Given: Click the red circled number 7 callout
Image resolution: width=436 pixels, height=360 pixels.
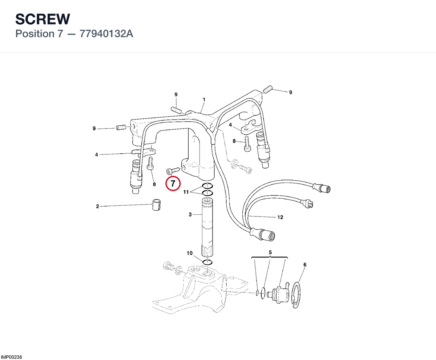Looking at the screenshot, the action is point(173,183).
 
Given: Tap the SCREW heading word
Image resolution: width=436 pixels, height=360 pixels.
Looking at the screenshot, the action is point(43,19).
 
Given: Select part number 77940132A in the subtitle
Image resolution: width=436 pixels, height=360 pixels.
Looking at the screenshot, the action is point(106,34).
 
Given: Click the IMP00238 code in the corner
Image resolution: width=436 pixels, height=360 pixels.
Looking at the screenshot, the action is point(11,357).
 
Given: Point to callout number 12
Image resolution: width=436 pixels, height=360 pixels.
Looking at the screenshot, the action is point(280,217).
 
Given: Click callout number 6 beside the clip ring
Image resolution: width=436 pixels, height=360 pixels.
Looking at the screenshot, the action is point(305,265).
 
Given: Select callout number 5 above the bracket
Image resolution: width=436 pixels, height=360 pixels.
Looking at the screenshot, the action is point(270,252).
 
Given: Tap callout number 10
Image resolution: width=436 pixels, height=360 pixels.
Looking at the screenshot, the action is point(189,253).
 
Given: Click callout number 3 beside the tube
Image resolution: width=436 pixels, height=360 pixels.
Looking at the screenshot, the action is point(190,214).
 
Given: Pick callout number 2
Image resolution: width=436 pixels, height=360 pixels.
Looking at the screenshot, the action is point(97,206).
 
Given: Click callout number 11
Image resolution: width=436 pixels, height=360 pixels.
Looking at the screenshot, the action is point(186,192).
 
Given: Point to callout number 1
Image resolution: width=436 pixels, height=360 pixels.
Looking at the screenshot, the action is point(204,100).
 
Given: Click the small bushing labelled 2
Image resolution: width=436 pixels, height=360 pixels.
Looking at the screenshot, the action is point(156,205).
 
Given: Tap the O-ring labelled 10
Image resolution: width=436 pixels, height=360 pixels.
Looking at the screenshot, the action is point(207,262).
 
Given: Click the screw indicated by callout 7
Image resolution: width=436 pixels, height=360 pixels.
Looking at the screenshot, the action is point(173,171).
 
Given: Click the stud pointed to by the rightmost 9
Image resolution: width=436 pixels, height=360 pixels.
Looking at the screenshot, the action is point(268,89).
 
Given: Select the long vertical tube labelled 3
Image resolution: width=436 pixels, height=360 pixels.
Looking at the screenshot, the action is point(207,228).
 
